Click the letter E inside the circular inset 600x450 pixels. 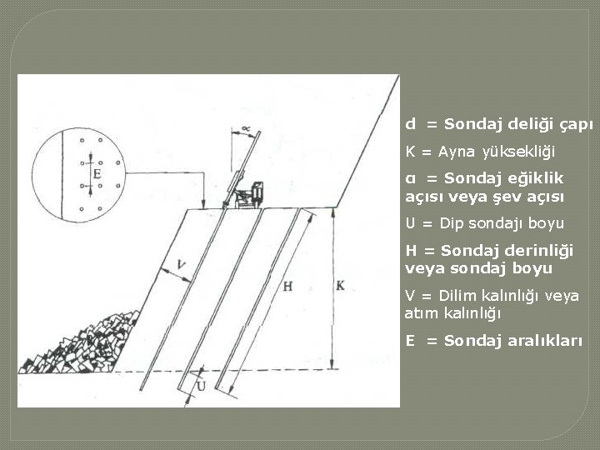click(x=97, y=174)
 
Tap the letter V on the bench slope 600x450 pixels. click(x=182, y=265)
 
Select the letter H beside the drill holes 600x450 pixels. click(x=287, y=286)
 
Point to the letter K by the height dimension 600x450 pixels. click(x=340, y=285)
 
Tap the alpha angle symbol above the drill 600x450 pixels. click(x=246, y=127)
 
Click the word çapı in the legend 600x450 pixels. click(x=576, y=124)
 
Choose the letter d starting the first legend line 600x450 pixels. click(x=410, y=124)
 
